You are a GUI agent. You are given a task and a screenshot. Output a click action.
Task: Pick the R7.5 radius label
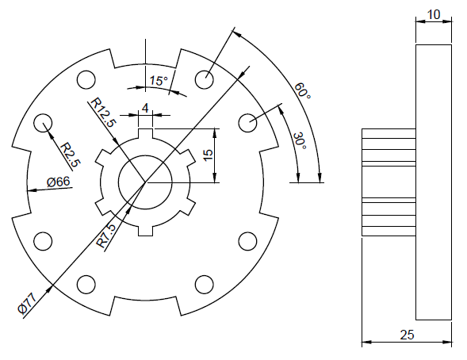pos(107,236)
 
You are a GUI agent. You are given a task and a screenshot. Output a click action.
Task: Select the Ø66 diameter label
pos(59,182)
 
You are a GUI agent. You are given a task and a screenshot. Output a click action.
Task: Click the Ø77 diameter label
pos(27,303)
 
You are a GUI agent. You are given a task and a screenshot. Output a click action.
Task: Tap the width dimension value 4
pos(145,107)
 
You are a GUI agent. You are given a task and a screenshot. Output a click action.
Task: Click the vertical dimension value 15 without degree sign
pos(209,155)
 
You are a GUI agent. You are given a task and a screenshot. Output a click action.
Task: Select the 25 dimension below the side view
pos(407,335)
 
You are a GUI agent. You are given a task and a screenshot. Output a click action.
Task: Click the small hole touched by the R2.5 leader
pos(43,123)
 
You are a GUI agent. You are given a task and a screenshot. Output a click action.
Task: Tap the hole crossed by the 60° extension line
pos(204,79)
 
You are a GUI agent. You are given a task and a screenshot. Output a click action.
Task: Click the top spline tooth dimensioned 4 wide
pos(145,122)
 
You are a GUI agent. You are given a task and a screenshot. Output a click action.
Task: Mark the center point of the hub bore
pos(145,182)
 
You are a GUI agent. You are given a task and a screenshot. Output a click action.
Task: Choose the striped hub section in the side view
pos(389,183)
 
